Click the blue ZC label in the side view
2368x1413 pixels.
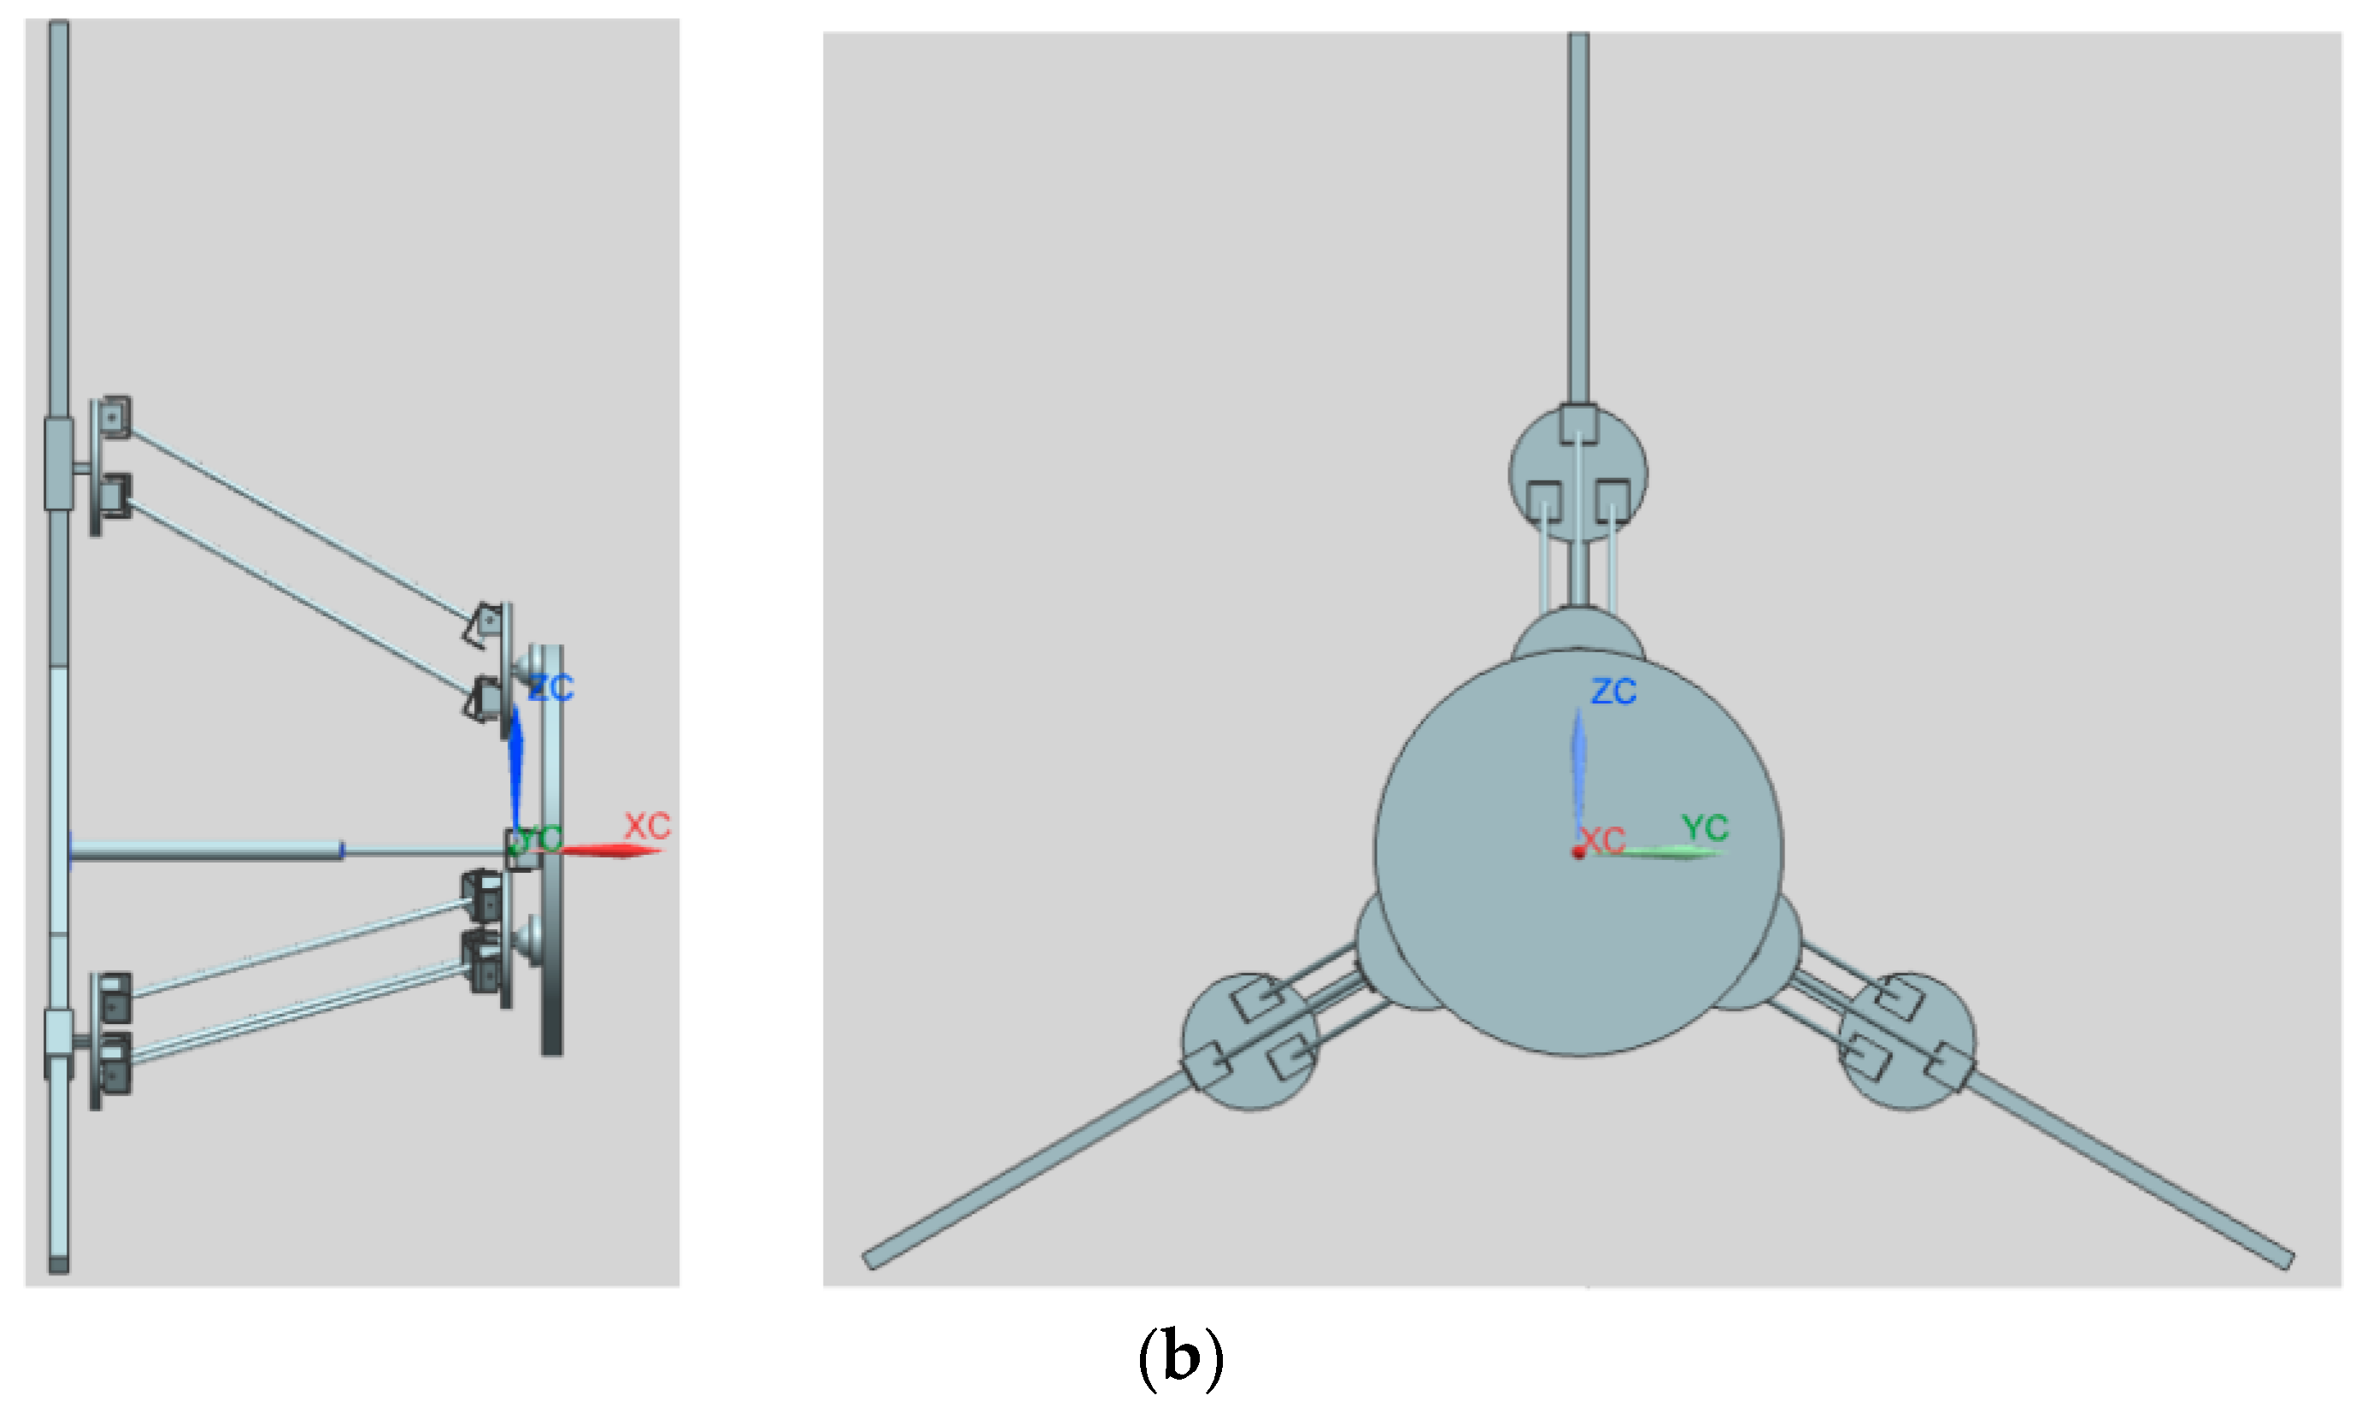[x=550, y=687]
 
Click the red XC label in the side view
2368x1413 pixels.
[x=647, y=826]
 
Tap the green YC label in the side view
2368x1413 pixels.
[x=538, y=839]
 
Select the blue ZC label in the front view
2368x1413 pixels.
[x=1614, y=692]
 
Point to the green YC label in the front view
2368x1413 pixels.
[x=1705, y=827]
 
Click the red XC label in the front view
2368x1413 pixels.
[x=1603, y=839]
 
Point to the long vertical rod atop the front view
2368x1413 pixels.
[x=1578, y=219]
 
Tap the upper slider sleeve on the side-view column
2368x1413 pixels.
[x=59, y=463]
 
